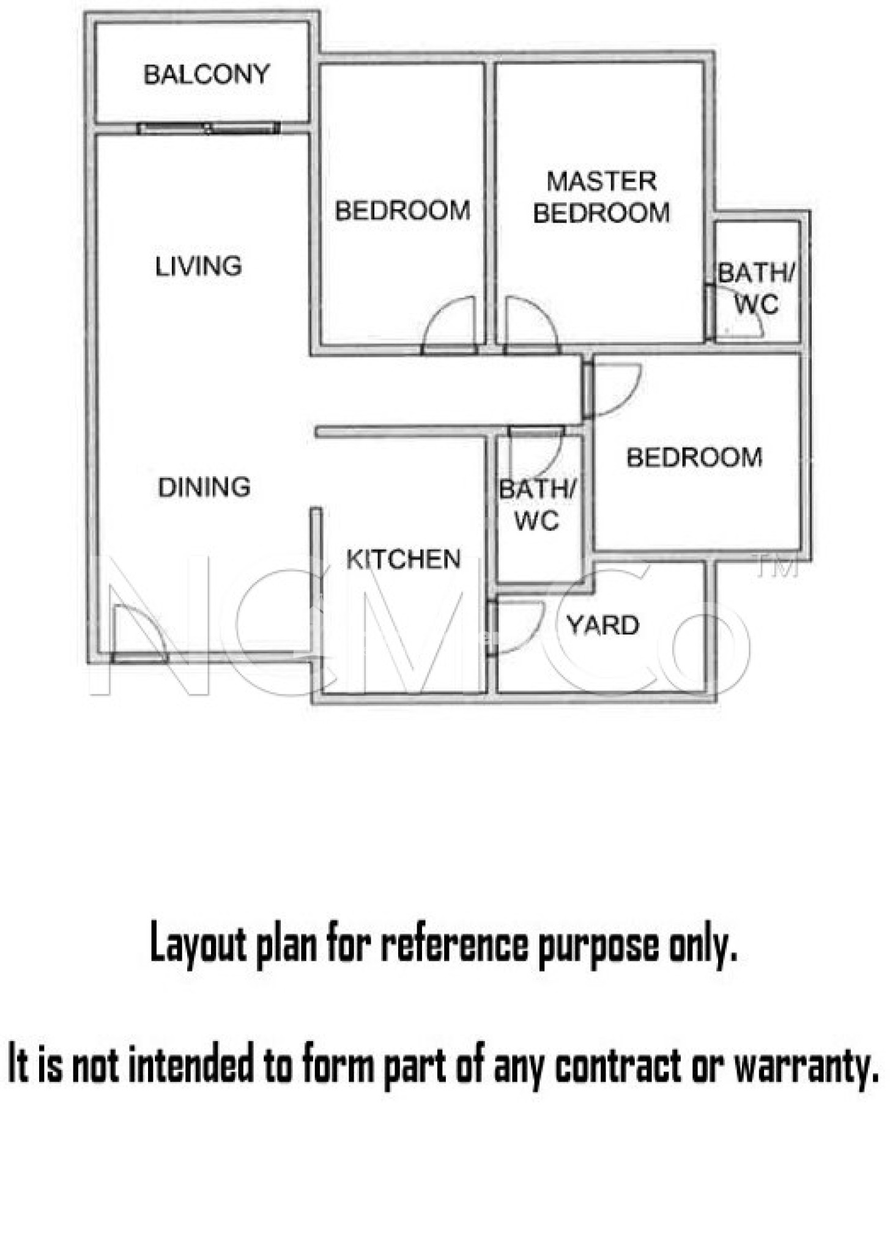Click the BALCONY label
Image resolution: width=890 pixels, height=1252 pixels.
207,74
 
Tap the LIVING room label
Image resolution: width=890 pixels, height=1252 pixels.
198,266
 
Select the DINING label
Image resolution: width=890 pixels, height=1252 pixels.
204,487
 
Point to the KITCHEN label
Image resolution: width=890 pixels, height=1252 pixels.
403,559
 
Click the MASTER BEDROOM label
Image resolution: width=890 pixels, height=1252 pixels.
602,197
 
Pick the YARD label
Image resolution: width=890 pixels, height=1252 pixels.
603,625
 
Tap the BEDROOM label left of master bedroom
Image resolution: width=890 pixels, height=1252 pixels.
402,210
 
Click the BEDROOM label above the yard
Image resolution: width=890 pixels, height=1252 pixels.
694,457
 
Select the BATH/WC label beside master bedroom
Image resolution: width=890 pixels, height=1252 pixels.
757,288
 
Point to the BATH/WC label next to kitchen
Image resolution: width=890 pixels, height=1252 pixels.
537,504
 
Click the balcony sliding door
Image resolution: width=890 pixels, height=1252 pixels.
208,128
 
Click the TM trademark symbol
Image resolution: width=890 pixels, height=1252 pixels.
777,568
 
